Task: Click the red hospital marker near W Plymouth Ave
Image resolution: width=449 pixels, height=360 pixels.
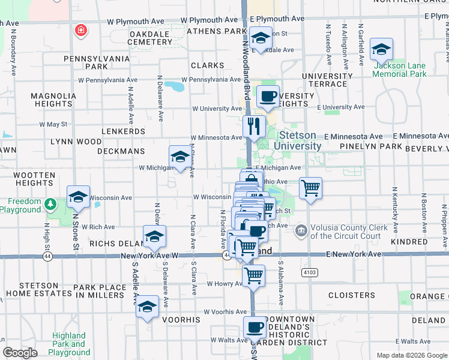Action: (x=80, y=30)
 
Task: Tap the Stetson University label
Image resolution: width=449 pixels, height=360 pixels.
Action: (x=297, y=140)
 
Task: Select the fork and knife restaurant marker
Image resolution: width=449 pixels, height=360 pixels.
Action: (x=254, y=126)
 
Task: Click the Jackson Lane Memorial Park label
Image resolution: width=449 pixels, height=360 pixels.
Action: (x=399, y=70)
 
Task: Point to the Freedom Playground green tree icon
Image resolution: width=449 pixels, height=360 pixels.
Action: (x=52, y=204)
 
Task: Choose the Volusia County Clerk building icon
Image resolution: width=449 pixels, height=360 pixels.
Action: (x=301, y=229)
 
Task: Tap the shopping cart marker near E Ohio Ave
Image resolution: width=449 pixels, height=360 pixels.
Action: (x=310, y=188)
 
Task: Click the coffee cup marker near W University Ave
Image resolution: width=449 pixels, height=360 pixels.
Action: (x=268, y=96)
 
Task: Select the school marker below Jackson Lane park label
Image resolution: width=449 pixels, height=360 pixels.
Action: (x=381, y=49)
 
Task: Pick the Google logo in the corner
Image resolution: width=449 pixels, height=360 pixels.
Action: (x=20, y=353)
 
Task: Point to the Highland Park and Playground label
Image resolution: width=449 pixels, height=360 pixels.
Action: (x=70, y=344)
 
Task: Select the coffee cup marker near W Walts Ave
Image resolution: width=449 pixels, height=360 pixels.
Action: (x=255, y=328)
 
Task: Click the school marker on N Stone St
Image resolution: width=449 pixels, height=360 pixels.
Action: (x=78, y=197)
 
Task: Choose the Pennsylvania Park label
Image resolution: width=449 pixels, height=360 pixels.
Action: (x=97, y=62)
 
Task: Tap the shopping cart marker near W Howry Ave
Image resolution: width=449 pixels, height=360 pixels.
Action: (x=254, y=276)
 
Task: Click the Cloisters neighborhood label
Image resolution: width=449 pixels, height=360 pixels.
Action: (x=352, y=295)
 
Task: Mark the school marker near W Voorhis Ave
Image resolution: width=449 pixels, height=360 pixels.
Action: (x=147, y=307)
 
